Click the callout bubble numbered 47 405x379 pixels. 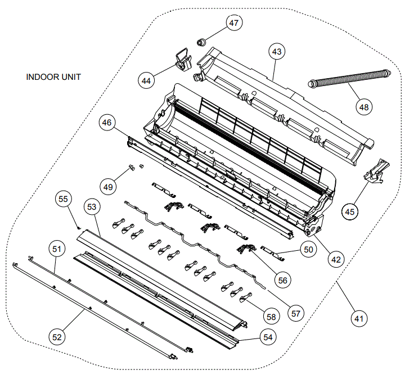click(233, 22)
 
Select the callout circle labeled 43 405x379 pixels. click(277, 52)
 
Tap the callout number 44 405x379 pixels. click(146, 81)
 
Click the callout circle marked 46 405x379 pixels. click(106, 121)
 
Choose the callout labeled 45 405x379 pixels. click(350, 211)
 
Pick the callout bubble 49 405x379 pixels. click(108, 185)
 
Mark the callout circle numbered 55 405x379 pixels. click(63, 199)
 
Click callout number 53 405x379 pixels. click(92, 207)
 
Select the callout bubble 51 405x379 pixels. click(57, 249)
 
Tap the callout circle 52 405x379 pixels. click(57, 337)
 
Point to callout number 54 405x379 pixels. click(268, 336)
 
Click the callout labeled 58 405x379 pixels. click(271, 317)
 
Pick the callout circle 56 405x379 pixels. click(282, 279)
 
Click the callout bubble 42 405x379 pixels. click(335, 260)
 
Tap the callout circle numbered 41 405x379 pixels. click(358, 318)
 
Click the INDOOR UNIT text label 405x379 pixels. click(53, 76)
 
